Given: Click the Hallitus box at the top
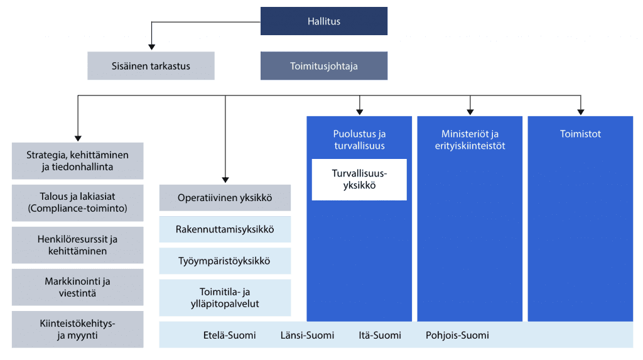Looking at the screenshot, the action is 324,21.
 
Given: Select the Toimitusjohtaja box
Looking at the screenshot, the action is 324,66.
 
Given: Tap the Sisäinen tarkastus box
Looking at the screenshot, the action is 151,66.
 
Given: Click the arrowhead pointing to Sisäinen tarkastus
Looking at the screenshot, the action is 152,47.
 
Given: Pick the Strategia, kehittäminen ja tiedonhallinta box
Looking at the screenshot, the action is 77,161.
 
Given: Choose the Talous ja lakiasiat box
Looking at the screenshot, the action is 77,203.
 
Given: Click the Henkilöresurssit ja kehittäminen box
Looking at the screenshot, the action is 77,245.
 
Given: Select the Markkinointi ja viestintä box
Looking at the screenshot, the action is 77,287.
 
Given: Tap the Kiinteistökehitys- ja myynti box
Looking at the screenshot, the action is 77,329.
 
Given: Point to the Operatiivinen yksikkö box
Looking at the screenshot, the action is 225,198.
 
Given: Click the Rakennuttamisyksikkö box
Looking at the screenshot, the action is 225,229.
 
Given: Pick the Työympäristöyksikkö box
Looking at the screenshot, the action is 225,261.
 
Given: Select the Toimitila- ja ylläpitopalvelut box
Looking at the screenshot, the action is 225,298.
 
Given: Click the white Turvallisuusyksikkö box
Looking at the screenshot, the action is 359,180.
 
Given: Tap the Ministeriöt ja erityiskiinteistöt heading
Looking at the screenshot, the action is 470,139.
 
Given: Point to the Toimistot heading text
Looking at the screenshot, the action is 580,134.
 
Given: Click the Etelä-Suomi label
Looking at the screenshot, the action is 230,335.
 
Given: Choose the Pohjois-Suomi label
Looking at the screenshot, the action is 457,335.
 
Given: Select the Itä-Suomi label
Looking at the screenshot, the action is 380,335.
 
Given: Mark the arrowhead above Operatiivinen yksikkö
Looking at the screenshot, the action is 225,180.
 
